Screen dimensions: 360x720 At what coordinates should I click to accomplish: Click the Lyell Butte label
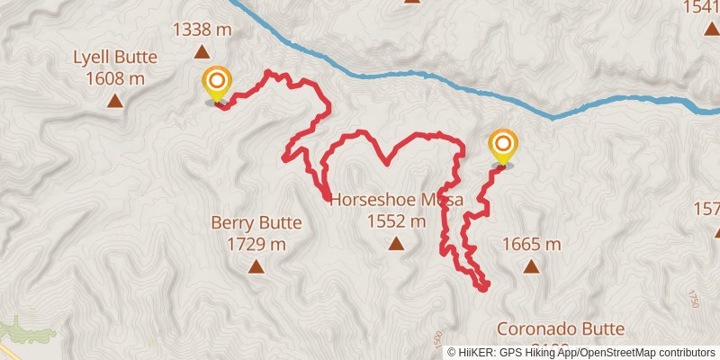click(x=115, y=58)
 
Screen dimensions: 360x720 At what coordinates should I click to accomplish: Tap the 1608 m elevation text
click(x=115, y=77)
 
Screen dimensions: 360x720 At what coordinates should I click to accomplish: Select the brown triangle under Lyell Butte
click(x=115, y=100)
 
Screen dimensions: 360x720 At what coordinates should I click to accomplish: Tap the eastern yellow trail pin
click(x=502, y=146)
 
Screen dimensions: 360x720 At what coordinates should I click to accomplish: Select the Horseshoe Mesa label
click(x=396, y=200)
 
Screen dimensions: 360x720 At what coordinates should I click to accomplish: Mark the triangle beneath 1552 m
click(x=396, y=243)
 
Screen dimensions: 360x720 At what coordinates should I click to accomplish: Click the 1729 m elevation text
click(x=256, y=244)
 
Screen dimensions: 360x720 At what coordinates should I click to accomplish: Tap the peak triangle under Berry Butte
click(x=256, y=266)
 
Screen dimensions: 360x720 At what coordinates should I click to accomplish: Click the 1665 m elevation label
click(x=531, y=244)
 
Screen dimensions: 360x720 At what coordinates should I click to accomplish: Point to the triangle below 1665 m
click(x=531, y=266)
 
